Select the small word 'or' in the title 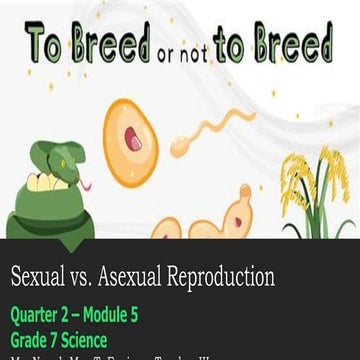click(x=192, y=51)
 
